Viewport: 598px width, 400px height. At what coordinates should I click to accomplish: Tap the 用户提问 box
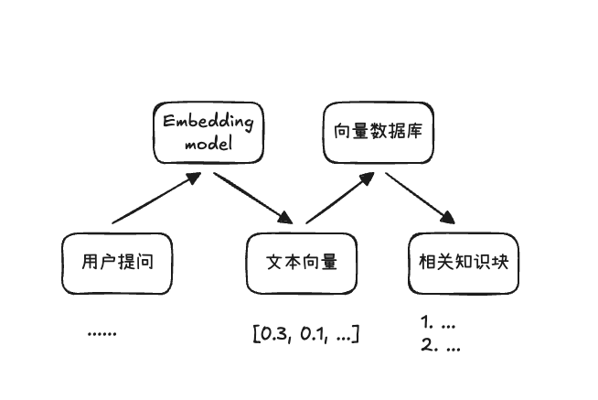coord(116,262)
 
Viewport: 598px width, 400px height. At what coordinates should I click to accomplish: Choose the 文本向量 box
coord(302,262)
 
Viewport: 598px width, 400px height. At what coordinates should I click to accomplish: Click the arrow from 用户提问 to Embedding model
coord(155,199)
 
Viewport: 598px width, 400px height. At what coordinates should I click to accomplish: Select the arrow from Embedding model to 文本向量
coord(252,199)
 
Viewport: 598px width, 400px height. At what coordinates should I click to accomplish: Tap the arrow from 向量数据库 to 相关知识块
coord(421,199)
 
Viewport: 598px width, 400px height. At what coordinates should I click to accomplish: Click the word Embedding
coord(207,123)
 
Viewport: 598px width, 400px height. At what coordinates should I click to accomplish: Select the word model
coord(207,145)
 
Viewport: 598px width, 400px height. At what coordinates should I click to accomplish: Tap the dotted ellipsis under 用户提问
coord(101,333)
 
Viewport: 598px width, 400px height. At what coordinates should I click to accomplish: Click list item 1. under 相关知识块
coord(438,323)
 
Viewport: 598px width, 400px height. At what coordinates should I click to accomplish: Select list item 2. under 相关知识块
coord(439,346)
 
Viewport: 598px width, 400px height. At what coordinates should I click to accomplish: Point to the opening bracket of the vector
coord(256,333)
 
